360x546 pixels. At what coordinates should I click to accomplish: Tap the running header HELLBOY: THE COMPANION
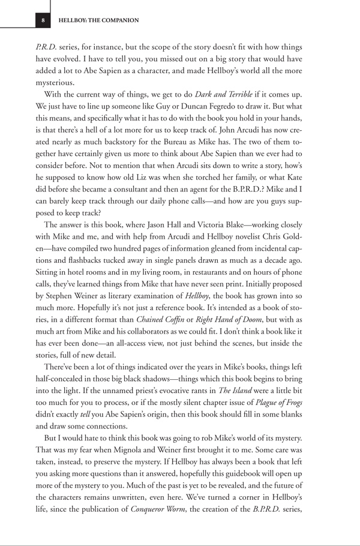click(x=98, y=20)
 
